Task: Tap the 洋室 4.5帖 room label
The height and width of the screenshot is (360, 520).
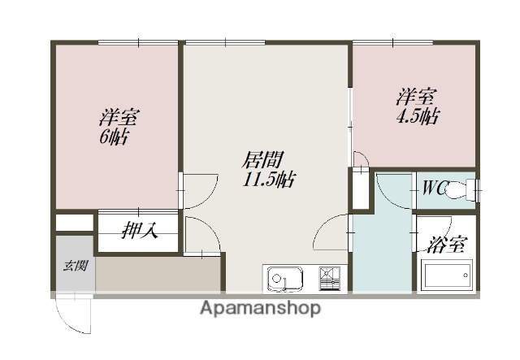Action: click(418, 106)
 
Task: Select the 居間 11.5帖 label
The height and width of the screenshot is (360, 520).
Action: click(267, 168)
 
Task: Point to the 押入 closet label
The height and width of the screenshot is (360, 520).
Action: click(140, 231)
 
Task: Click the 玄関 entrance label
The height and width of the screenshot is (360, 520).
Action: click(76, 265)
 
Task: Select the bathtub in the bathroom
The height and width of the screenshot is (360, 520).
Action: click(447, 276)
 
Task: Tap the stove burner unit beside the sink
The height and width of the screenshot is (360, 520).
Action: click(331, 278)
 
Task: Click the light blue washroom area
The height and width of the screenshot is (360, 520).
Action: click(382, 244)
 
